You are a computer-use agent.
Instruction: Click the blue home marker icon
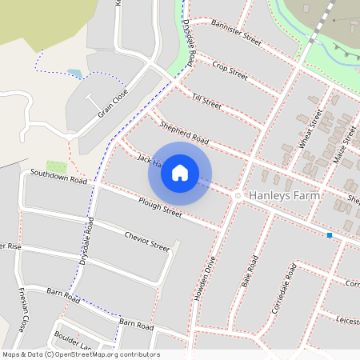(x=180, y=172)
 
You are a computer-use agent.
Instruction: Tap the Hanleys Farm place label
(x=285, y=195)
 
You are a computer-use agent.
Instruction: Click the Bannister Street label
(x=237, y=34)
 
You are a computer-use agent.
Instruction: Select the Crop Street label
(x=230, y=69)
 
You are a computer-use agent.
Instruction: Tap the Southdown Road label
(x=58, y=176)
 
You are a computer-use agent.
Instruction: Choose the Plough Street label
(x=160, y=207)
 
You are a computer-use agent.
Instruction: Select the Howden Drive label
(x=205, y=277)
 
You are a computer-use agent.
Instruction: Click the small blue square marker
(x=330, y=235)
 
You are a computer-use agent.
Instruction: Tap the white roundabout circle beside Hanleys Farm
(x=238, y=195)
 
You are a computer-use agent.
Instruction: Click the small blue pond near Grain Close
(x=74, y=73)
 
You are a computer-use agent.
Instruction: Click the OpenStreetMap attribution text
(x=80, y=354)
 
